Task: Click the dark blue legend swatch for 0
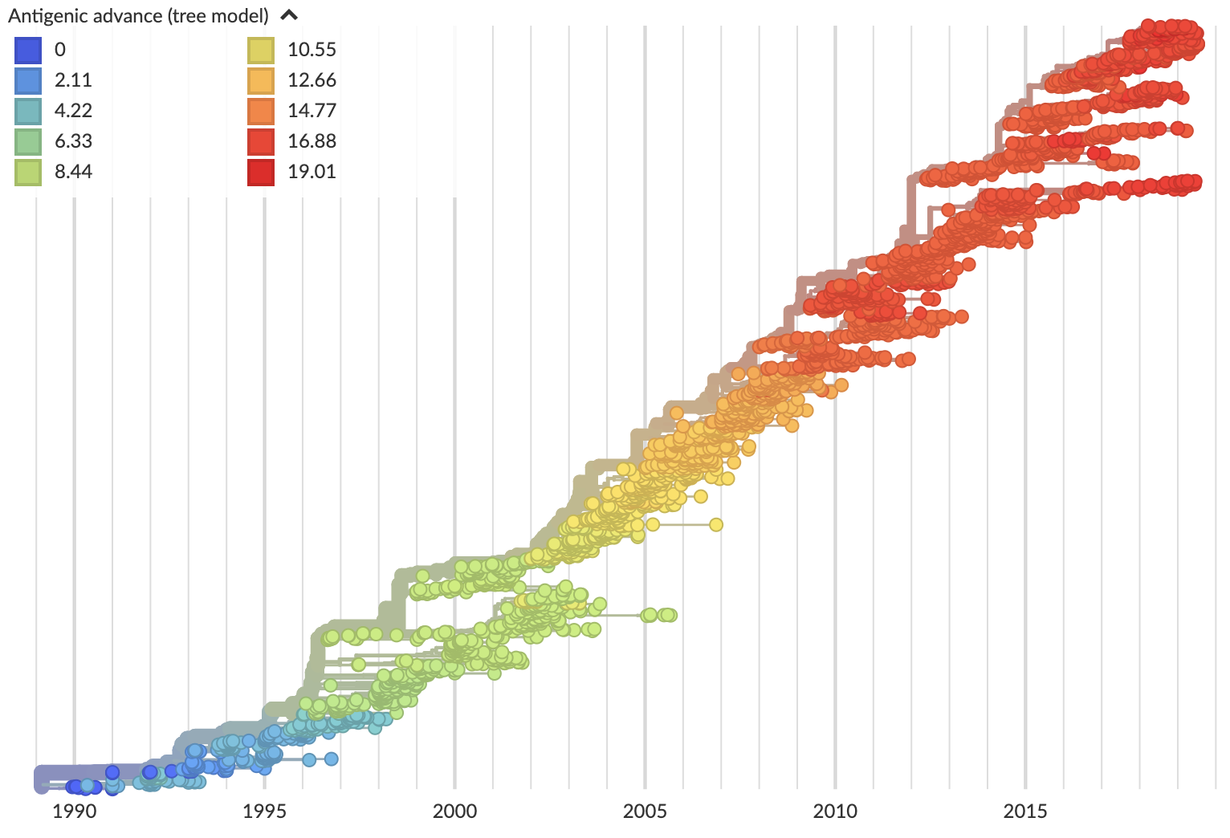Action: click(28, 51)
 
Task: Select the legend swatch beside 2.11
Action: click(28, 81)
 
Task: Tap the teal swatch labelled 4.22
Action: click(28, 112)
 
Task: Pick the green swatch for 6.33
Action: click(28, 142)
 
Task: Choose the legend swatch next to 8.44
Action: click(28, 173)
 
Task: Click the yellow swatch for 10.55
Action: click(261, 51)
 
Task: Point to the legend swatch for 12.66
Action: click(261, 81)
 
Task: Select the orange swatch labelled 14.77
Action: click(261, 112)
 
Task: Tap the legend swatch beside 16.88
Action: click(261, 142)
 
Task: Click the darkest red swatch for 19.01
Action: click(261, 173)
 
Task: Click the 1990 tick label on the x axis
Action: click(75, 812)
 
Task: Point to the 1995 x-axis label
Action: click(264, 812)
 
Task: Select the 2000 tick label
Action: click(454, 812)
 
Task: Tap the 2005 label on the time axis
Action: click(645, 812)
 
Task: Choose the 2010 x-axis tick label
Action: click(835, 812)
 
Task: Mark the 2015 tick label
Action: click(1025, 812)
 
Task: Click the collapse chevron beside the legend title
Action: click(289, 15)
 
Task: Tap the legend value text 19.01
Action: click(312, 172)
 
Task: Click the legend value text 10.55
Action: click(312, 50)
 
